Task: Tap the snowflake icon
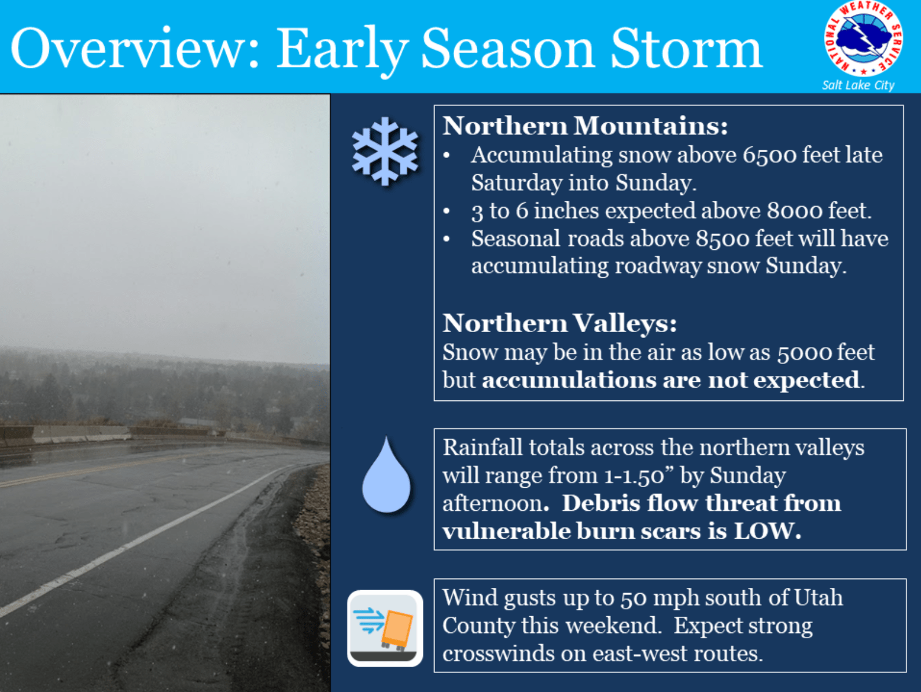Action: (x=385, y=152)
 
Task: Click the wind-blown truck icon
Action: (x=385, y=628)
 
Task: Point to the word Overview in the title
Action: (x=135, y=48)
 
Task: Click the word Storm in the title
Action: (x=687, y=48)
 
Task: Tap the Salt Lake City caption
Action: (x=858, y=85)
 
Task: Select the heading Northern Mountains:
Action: (x=585, y=126)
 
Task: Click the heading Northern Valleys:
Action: (x=560, y=323)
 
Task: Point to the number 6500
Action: (x=769, y=156)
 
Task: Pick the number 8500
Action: (x=722, y=239)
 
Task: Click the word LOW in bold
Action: (x=767, y=531)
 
